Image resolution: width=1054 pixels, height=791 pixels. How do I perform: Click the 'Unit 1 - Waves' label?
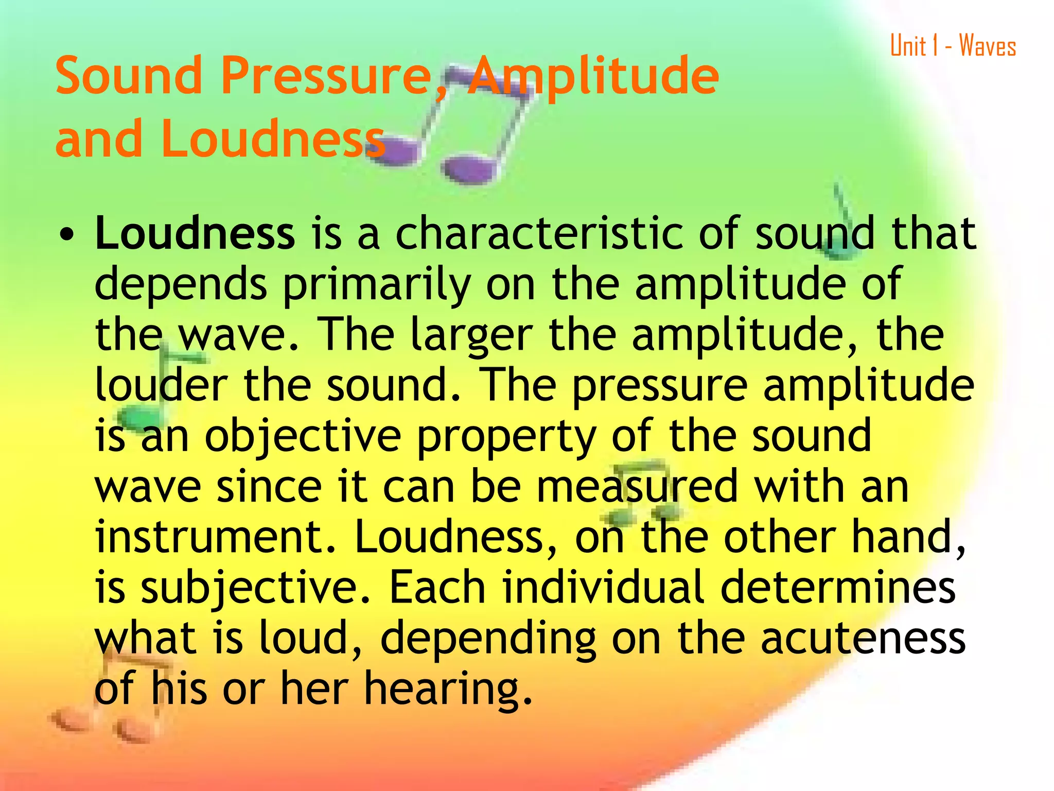(953, 45)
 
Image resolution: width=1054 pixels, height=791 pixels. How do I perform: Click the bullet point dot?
(65, 236)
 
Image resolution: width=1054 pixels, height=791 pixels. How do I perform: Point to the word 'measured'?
(637, 487)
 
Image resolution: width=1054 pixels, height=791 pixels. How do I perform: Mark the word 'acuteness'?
(863, 639)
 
